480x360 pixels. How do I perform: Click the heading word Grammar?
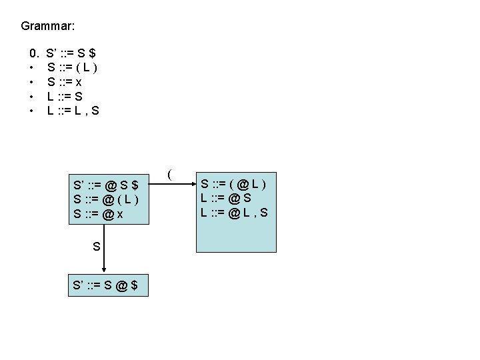47,27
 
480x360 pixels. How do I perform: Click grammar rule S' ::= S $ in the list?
74,52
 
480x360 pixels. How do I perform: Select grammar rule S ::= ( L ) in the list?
73,67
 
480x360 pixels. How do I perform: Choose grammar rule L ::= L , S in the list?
73,111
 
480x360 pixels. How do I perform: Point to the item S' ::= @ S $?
106,185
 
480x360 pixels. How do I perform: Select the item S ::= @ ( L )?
106,200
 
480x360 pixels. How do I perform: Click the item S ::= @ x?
98,215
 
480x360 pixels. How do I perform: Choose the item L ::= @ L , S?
234,213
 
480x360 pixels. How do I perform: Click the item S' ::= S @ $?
106,285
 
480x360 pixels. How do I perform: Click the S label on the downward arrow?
97,247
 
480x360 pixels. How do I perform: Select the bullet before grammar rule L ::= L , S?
31,111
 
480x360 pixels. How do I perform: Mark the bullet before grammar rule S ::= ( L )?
31,67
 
